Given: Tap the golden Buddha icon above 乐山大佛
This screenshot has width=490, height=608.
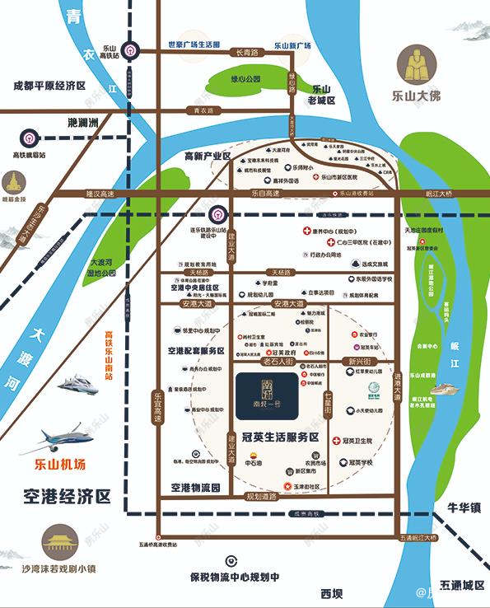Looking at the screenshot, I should [x=418, y=63].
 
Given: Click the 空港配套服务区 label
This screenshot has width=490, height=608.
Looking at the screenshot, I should [x=196, y=351].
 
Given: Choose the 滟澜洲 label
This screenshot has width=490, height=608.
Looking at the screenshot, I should [x=83, y=123].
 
